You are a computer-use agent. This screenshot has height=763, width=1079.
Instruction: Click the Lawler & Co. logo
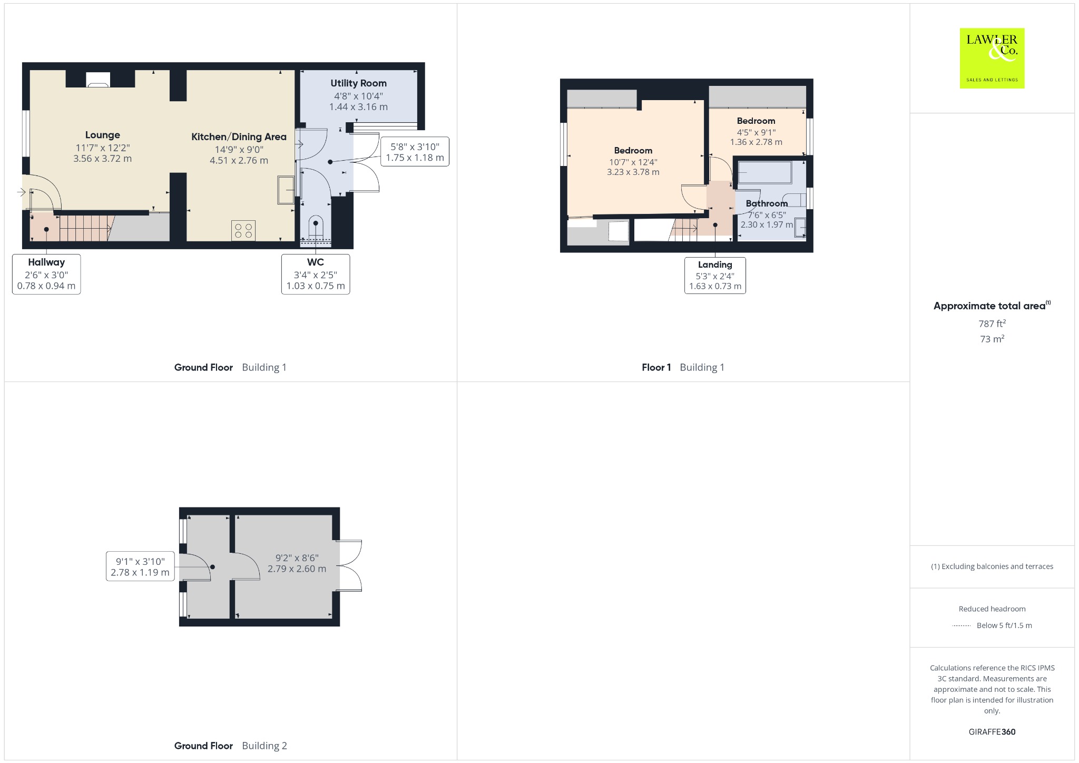coord(992,58)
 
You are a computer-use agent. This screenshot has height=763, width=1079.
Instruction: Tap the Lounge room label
coord(103,135)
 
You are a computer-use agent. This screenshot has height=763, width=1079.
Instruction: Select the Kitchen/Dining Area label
coord(239,136)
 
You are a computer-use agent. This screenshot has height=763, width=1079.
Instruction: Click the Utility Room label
coord(358,83)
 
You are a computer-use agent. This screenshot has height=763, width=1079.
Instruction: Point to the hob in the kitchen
coord(243,230)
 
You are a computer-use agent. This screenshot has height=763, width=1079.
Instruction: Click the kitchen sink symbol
coord(286,190)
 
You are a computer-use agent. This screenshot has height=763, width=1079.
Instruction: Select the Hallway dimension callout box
coord(46,274)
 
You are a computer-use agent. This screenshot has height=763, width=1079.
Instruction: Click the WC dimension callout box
coord(316,274)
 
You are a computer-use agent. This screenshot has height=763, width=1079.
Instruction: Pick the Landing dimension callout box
coord(715,275)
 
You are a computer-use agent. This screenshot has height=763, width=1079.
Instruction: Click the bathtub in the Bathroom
coord(765,172)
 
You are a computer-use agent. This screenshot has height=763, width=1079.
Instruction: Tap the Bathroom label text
coord(767,203)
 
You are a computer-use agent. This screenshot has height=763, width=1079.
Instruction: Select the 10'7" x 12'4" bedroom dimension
coord(633,162)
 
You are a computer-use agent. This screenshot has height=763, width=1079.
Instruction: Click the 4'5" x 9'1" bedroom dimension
coord(756,132)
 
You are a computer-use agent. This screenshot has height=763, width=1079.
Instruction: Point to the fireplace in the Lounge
coord(98,79)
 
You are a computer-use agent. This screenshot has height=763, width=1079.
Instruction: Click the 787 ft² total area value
coord(992,324)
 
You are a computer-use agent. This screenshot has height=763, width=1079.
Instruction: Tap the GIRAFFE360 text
coord(992,731)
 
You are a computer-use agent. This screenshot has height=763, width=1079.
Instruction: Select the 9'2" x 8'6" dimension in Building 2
coord(297,557)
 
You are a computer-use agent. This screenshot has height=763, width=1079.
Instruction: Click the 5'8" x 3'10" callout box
coord(415,152)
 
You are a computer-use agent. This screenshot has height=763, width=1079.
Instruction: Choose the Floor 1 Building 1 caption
coord(683,367)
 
